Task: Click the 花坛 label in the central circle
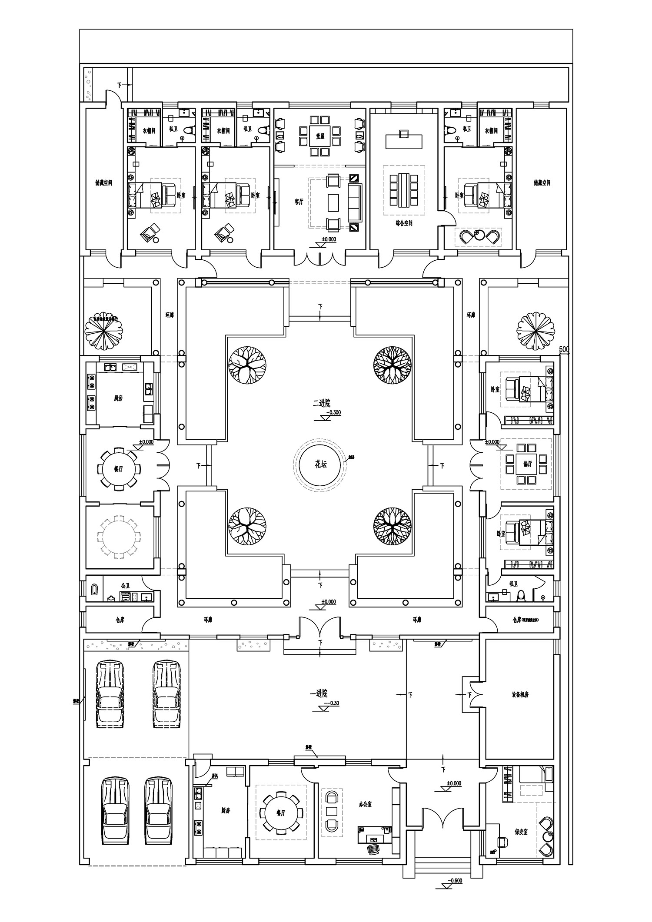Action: [320, 464]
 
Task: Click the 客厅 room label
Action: [299, 202]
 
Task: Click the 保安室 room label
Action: [521, 832]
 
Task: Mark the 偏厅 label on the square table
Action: [528, 464]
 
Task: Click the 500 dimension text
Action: [564, 349]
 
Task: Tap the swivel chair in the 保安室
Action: [502, 842]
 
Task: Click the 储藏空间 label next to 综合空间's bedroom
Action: [542, 183]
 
